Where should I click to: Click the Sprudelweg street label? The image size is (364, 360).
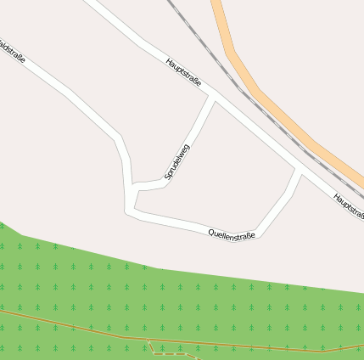click(x=176, y=161)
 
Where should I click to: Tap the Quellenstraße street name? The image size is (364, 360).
click(x=232, y=231)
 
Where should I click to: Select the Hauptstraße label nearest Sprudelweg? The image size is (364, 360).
click(x=184, y=71)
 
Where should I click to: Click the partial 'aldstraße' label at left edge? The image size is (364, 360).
click(x=11, y=49)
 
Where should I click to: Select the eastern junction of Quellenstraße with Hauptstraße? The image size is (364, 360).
click(x=300, y=169)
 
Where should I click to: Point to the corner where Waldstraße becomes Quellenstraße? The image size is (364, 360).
click(x=130, y=210)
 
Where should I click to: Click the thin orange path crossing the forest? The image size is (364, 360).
click(x=76, y=326)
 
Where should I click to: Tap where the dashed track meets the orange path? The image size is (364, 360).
click(x=148, y=340)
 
